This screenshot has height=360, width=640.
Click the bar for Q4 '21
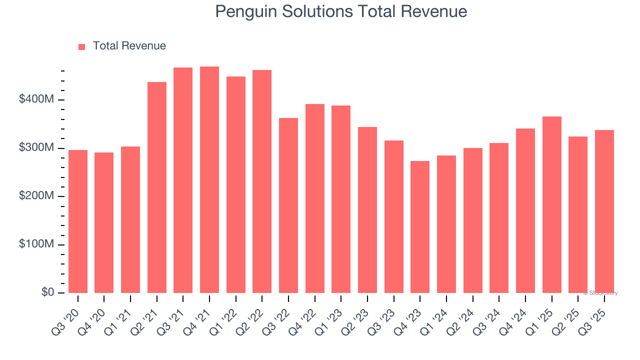[209, 179]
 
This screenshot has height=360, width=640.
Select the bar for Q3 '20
[78, 221]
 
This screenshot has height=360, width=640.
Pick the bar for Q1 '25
[551, 204]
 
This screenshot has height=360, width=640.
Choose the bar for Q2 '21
[157, 187]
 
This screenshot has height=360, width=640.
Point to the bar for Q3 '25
[604, 211]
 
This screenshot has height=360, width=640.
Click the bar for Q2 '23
[367, 209]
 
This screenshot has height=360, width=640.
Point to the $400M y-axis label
[36, 100]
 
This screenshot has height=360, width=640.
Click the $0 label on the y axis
[47, 292]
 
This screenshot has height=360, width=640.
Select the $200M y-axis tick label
[36, 196]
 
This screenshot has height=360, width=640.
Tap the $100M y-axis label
[36, 244]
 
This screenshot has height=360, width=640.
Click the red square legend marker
[82, 46]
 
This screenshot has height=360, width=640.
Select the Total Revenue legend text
[129, 46]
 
